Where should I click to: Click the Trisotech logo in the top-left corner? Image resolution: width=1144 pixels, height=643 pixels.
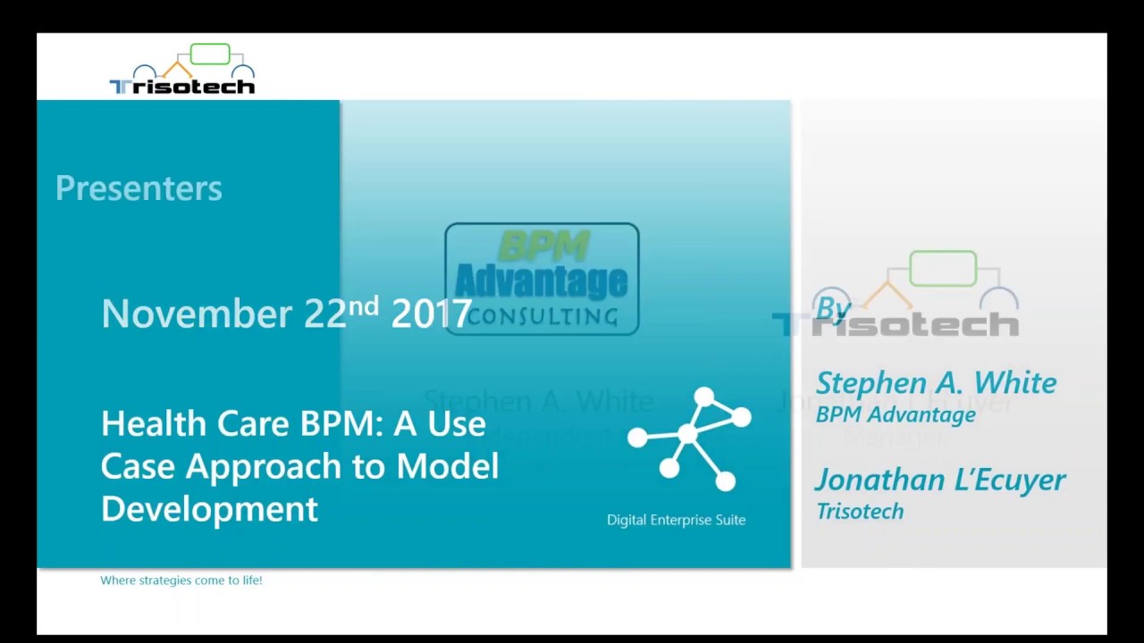[181, 70]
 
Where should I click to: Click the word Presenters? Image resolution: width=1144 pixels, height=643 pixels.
[139, 188]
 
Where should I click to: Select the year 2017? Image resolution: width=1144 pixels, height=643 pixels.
[431, 313]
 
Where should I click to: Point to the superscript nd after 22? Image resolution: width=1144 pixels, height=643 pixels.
[364, 305]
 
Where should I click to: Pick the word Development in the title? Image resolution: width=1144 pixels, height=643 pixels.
[209, 509]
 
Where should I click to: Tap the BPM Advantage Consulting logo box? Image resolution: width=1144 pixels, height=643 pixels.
[542, 279]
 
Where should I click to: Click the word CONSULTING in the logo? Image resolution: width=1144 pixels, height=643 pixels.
[542, 316]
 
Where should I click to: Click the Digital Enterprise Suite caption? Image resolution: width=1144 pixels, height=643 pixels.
[676, 520]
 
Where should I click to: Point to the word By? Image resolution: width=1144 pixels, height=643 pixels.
[833, 308]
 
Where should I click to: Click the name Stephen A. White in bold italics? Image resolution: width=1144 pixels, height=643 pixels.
[936, 382]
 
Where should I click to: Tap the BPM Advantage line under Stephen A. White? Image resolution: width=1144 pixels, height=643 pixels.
[895, 414]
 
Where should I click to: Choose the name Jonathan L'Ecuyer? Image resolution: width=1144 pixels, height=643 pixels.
[940, 480]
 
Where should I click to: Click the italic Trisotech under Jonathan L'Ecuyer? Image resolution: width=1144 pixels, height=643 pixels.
[860, 511]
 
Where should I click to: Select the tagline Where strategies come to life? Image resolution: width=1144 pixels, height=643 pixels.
[181, 580]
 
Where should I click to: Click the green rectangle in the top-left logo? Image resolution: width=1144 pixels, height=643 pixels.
[210, 54]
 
